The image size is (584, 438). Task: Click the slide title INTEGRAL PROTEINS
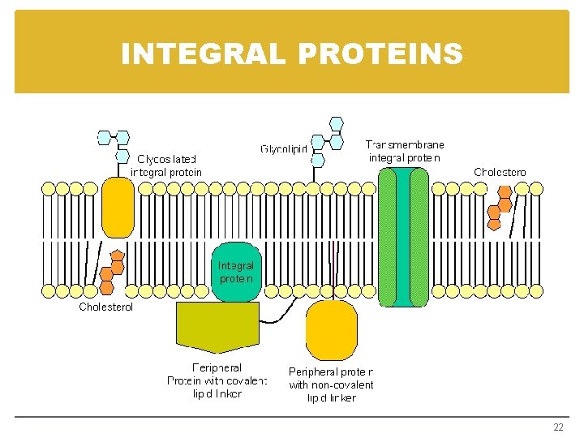[292, 54]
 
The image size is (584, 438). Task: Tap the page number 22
[558, 427]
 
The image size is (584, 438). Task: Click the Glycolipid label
[284, 148]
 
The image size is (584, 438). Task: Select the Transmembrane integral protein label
[405, 151]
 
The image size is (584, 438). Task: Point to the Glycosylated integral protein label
[166, 165]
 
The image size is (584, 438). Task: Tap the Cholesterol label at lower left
[105, 307]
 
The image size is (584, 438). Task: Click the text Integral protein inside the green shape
[236, 272]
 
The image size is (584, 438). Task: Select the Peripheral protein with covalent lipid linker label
[217, 380]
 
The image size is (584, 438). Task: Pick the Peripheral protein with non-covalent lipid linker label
[331, 384]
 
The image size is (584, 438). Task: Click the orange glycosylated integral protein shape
[118, 208]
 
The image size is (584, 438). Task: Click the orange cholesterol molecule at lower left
[112, 269]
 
